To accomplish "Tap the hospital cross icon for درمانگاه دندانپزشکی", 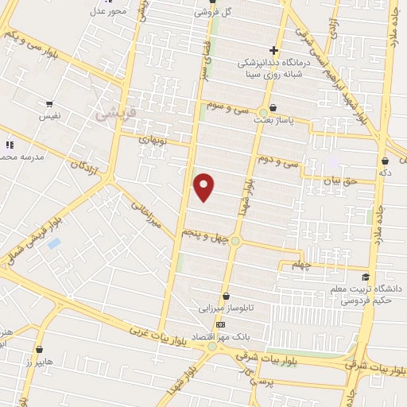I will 273,49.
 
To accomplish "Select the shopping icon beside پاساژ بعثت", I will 273,107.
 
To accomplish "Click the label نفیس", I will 50,116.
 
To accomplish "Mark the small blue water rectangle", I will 54,243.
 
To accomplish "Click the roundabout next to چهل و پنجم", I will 235,239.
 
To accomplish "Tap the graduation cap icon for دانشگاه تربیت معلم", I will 366,277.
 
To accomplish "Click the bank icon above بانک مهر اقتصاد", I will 220,324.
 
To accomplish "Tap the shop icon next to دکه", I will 385,161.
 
